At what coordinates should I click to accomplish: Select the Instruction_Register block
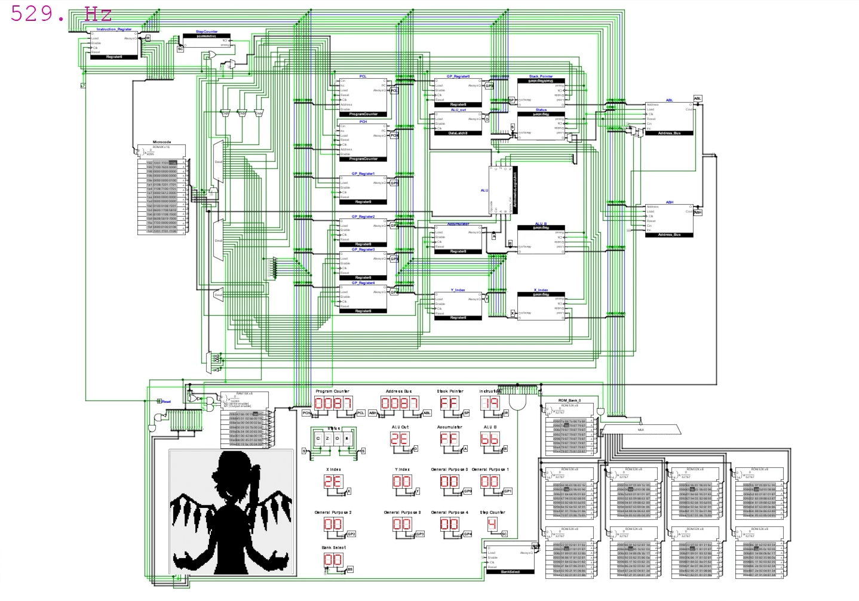tap(113, 44)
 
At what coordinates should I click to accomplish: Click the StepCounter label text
tap(207, 32)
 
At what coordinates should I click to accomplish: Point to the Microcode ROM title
tap(162, 142)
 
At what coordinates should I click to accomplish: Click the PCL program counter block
tap(363, 96)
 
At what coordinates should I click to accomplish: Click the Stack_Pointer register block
tap(541, 90)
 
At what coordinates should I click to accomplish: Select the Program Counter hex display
tap(333, 404)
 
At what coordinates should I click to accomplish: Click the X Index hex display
tap(333, 482)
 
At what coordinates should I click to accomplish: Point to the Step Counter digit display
tap(492, 524)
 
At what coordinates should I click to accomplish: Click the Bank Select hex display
tap(333, 560)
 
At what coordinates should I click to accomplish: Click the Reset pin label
tap(166, 402)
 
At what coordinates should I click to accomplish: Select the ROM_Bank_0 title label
tap(569, 400)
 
